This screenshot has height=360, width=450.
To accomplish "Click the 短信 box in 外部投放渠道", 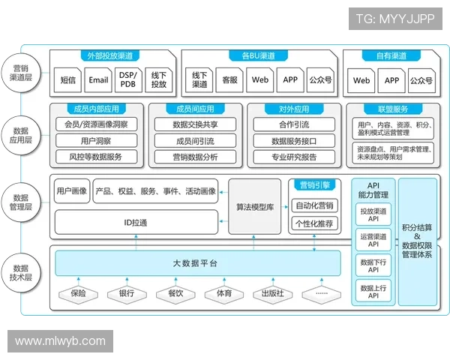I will click(67, 79).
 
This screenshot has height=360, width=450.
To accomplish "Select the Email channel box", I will click(98, 79).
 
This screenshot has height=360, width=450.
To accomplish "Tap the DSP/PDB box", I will click(128, 79).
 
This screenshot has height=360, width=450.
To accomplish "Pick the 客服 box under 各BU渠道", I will click(229, 79).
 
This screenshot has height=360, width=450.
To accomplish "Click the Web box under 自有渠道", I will click(361, 79).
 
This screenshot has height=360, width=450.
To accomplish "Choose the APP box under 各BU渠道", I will click(290, 79).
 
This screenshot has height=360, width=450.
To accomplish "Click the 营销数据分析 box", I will click(195, 157).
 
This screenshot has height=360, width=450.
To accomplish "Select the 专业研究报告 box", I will click(294, 157).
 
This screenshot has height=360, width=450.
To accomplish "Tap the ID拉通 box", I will click(135, 222).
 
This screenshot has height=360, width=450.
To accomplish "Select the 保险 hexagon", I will click(78, 293).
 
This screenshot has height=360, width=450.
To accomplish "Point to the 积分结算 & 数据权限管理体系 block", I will click(419, 240).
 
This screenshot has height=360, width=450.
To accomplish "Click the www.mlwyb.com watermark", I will click(60, 341).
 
